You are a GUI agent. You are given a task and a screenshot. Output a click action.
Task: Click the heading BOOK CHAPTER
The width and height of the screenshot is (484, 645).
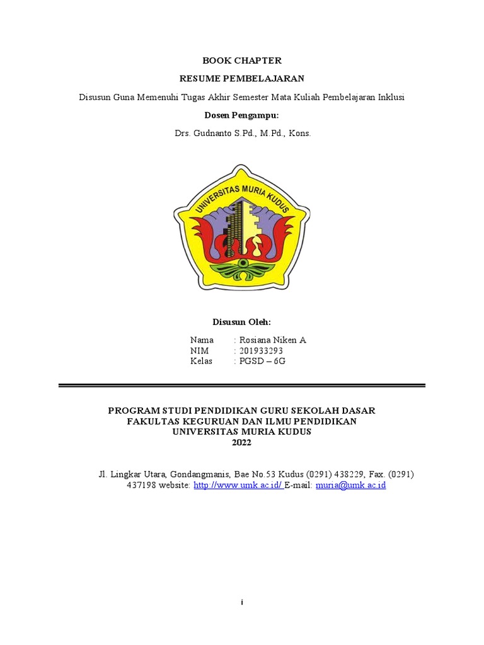click(x=241, y=60)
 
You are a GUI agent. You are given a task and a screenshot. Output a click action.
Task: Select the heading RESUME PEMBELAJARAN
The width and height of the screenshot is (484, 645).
click(x=241, y=79)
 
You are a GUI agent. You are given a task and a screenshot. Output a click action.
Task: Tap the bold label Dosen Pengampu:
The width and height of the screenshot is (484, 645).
click(x=241, y=115)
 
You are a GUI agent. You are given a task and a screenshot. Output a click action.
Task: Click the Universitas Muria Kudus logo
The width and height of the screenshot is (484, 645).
click(x=241, y=227)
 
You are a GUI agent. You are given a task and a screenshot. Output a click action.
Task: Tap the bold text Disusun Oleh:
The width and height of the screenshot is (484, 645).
click(x=241, y=322)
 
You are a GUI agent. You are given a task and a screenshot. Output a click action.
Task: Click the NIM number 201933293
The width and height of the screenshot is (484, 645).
click(x=261, y=351)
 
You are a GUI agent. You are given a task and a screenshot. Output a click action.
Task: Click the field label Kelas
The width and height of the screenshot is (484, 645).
click(x=201, y=362)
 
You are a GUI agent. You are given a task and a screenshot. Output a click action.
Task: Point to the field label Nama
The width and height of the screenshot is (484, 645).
click(x=202, y=340)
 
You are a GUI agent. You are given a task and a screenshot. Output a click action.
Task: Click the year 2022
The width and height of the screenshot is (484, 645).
click(x=241, y=443)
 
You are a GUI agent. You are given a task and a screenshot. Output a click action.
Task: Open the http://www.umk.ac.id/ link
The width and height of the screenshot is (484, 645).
click(x=238, y=486)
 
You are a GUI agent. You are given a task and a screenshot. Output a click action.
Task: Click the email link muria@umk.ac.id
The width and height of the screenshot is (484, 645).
click(x=350, y=486)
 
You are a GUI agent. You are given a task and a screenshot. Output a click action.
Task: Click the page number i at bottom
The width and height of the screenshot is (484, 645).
click(x=242, y=603)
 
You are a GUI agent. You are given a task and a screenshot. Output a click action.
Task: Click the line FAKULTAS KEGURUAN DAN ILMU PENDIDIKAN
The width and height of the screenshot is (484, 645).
click(x=241, y=421)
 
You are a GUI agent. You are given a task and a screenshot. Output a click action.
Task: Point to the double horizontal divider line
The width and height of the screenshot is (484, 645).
click(x=241, y=385)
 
